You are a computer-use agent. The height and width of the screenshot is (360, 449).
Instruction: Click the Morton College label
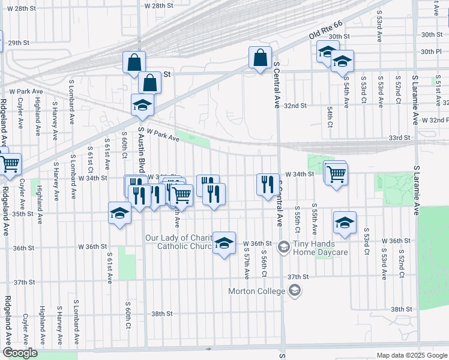coord(258,292)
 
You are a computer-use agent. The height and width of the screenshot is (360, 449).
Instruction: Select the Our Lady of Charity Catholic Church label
coord(179,242)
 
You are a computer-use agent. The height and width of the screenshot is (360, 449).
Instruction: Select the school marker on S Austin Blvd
coord(143,104)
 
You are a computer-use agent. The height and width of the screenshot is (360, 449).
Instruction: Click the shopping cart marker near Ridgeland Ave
coord(9,163)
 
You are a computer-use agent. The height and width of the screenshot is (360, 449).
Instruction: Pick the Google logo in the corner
coord(20,353)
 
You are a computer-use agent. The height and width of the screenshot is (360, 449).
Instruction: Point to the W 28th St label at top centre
coord(158,5)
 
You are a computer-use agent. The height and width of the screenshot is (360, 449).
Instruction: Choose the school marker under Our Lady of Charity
coord(224,243)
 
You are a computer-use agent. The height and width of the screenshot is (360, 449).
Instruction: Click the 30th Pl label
coord(431,52)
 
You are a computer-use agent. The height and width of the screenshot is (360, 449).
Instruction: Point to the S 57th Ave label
coord(247,264)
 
